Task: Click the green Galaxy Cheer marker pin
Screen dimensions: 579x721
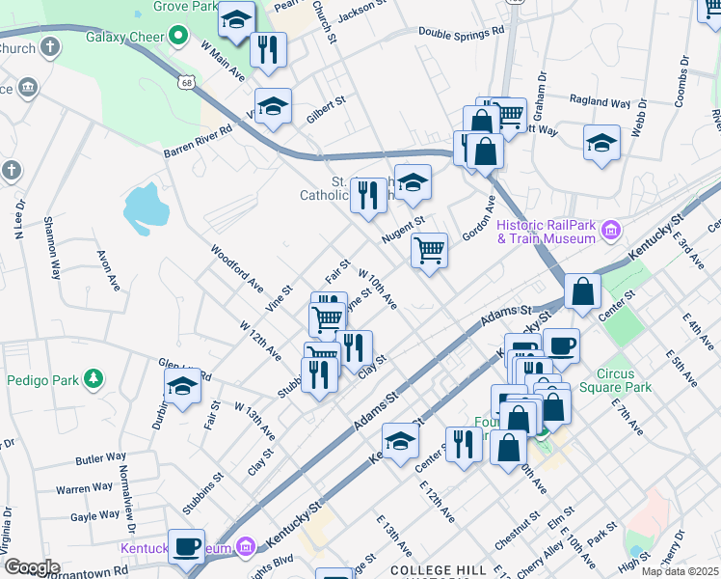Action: pyautogui.click(x=178, y=37)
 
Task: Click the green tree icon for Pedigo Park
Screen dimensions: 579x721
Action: pyautogui.click(x=93, y=378)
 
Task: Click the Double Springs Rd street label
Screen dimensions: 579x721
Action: pyautogui.click(x=461, y=31)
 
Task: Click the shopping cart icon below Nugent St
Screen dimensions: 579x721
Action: pyautogui.click(x=429, y=251)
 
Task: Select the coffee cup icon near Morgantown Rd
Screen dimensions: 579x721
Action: pyautogui.click(x=187, y=546)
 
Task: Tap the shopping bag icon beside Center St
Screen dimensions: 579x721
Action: pyautogui.click(x=583, y=291)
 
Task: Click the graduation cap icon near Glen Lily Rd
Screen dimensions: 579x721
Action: pyautogui.click(x=182, y=388)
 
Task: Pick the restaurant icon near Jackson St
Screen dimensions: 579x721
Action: pyautogui.click(x=268, y=49)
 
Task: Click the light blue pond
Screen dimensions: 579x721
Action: pyautogui.click(x=146, y=207)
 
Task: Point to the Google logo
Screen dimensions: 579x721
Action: pyautogui.click(x=32, y=566)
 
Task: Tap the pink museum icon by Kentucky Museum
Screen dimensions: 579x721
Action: pyautogui.click(x=246, y=548)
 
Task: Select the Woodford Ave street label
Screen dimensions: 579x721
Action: pyautogui.click(x=237, y=267)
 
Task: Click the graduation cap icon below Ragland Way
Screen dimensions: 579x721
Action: pyautogui.click(x=601, y=143)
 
